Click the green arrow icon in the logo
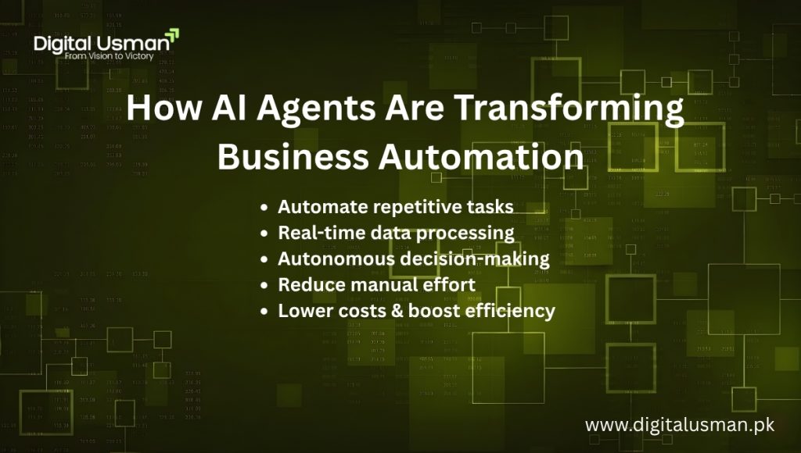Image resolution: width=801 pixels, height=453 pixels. coord(173,36)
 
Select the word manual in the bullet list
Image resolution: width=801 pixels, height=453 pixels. coord(376,284)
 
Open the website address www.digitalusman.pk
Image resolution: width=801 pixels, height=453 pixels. coord(679,426)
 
